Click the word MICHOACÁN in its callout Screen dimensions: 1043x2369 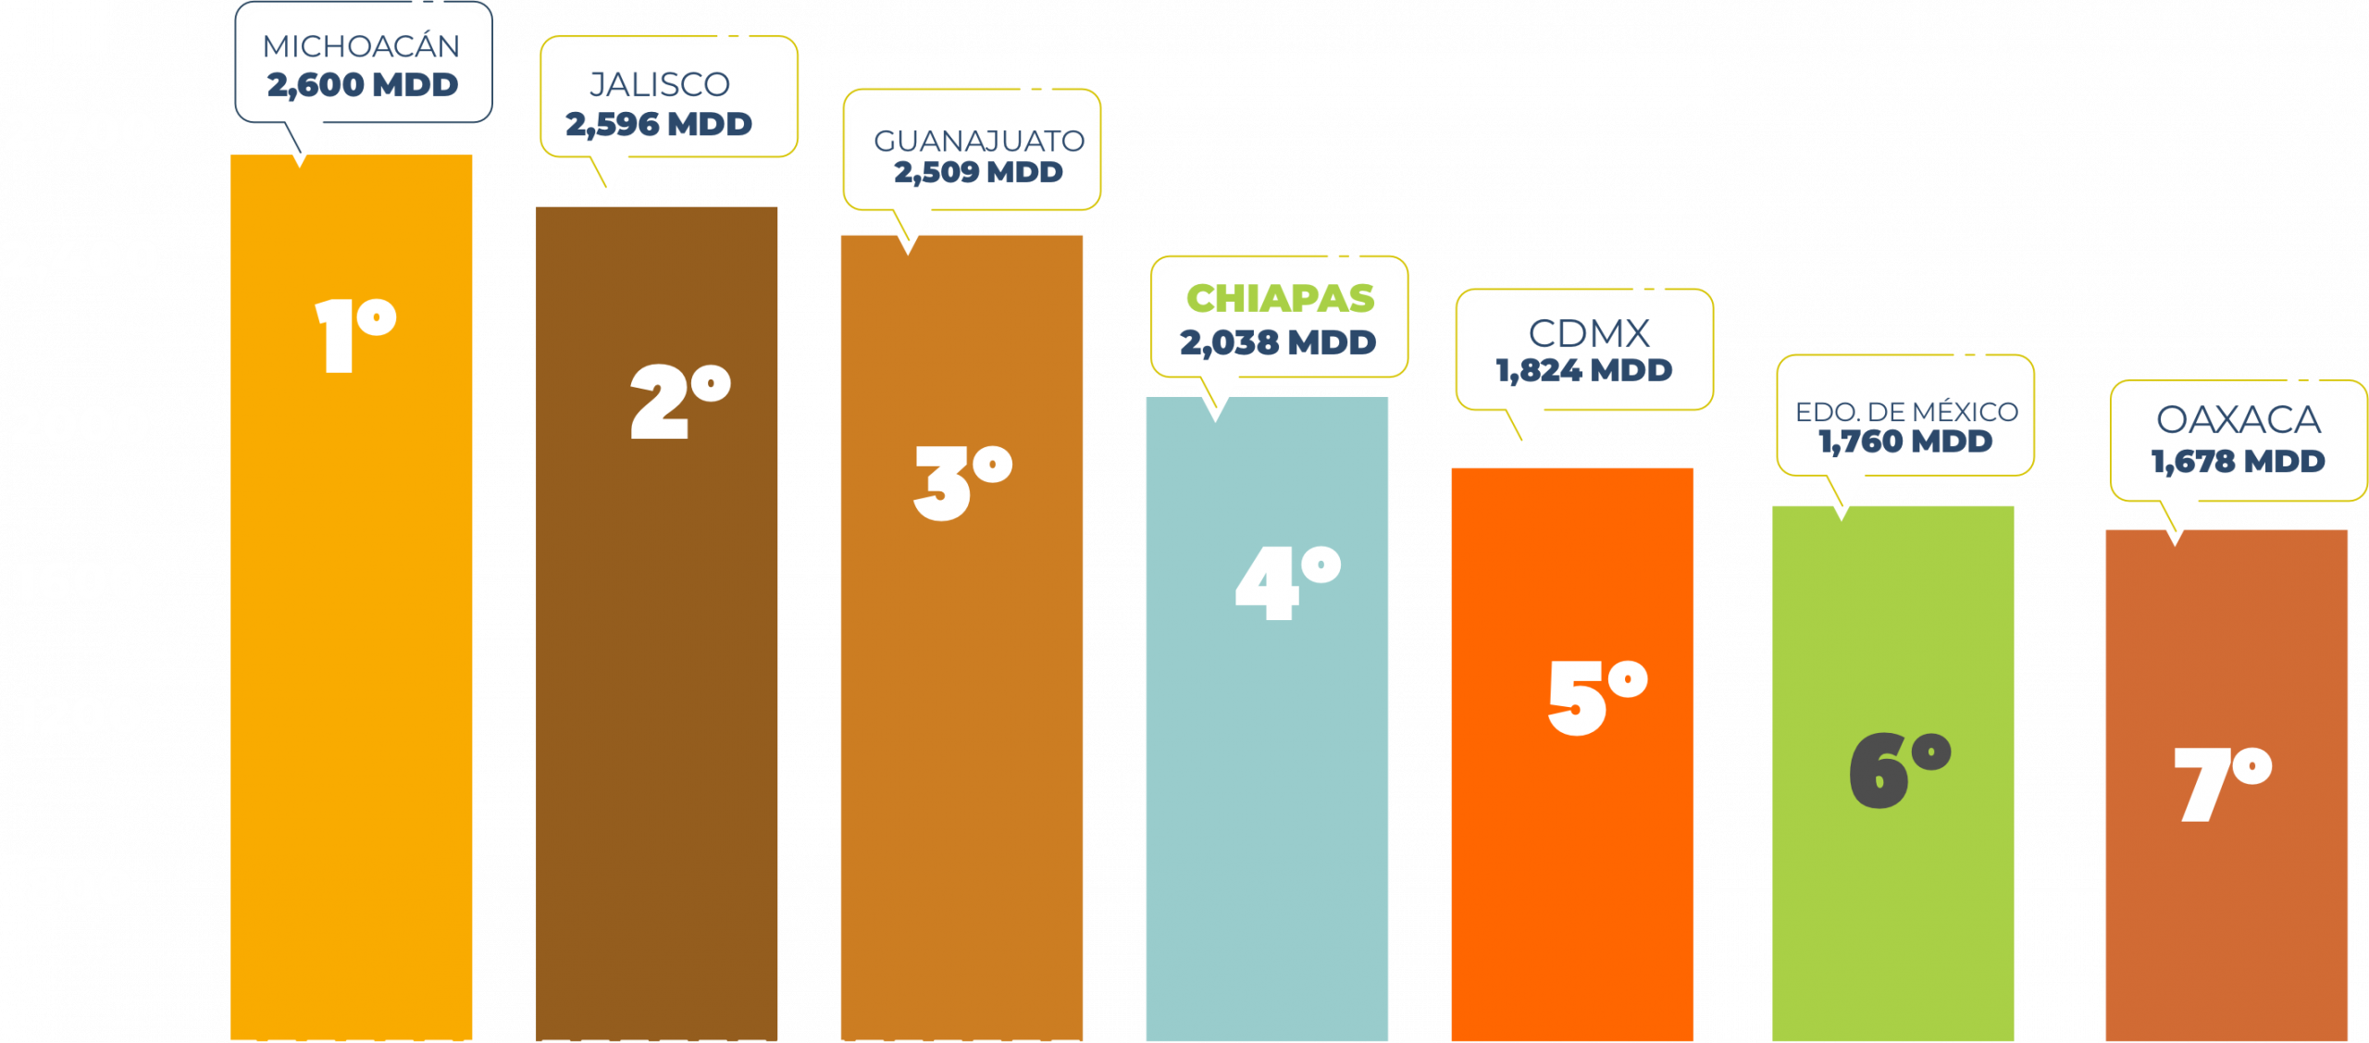[361, 45]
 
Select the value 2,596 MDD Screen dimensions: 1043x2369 [659, 124]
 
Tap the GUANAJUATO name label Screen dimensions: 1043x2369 [978, 141]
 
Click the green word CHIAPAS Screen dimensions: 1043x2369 [1280, 299]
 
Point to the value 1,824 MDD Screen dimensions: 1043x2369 [1584, 370]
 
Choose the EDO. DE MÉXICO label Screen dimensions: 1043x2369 [1906, 411]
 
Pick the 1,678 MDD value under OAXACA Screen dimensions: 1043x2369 [2238, 461]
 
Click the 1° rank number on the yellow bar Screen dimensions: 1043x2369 [354, 335]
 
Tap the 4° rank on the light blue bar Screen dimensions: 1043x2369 [1287, 582]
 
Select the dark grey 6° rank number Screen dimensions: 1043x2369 [1899, 770]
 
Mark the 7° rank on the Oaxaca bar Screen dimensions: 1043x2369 [2222, 784]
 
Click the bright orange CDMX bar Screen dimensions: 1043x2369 [1571, 879]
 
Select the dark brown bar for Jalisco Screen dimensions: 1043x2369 [656, 694]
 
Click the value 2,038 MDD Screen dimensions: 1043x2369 [1278, 343]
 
